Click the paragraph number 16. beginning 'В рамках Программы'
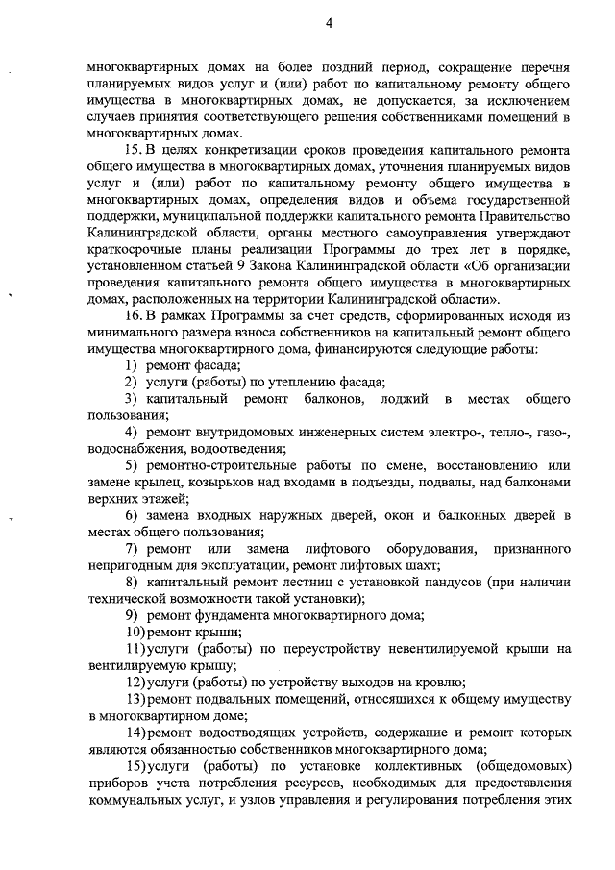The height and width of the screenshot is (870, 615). (135, 314)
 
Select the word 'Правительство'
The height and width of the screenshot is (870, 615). (526, 216)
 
